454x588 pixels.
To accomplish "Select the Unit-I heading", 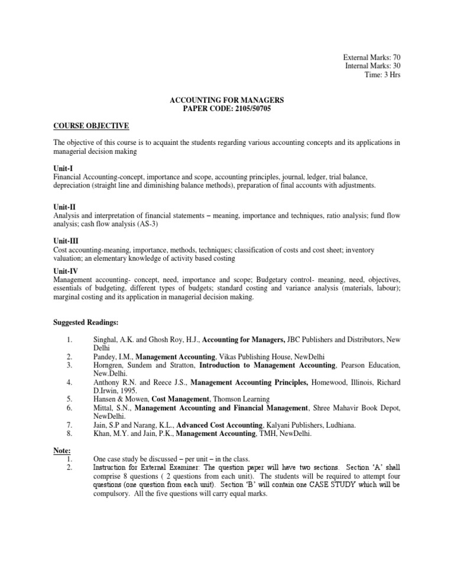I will click(63, 169).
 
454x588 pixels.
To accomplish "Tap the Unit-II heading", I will click(64, 207).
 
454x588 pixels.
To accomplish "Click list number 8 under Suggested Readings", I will click(70, 434).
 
